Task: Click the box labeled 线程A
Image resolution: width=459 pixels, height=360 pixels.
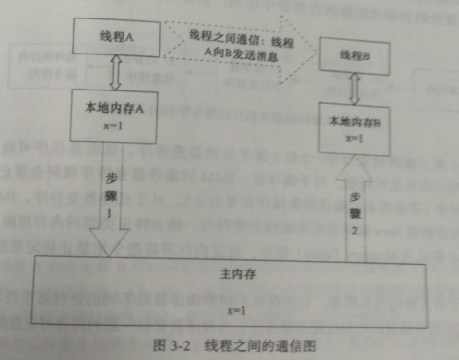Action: (x=116, y=37)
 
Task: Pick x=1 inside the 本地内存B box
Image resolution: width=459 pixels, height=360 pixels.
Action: (x=354, y=138)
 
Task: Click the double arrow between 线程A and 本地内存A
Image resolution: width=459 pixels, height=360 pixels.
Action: (x=116, y=70)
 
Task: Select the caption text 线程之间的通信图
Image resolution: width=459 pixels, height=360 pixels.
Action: (x=261, y=343)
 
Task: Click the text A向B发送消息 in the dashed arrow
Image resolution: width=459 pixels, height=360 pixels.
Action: (x=233, y=54)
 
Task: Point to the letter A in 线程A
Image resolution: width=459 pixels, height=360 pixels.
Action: (x=129, y=37)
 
